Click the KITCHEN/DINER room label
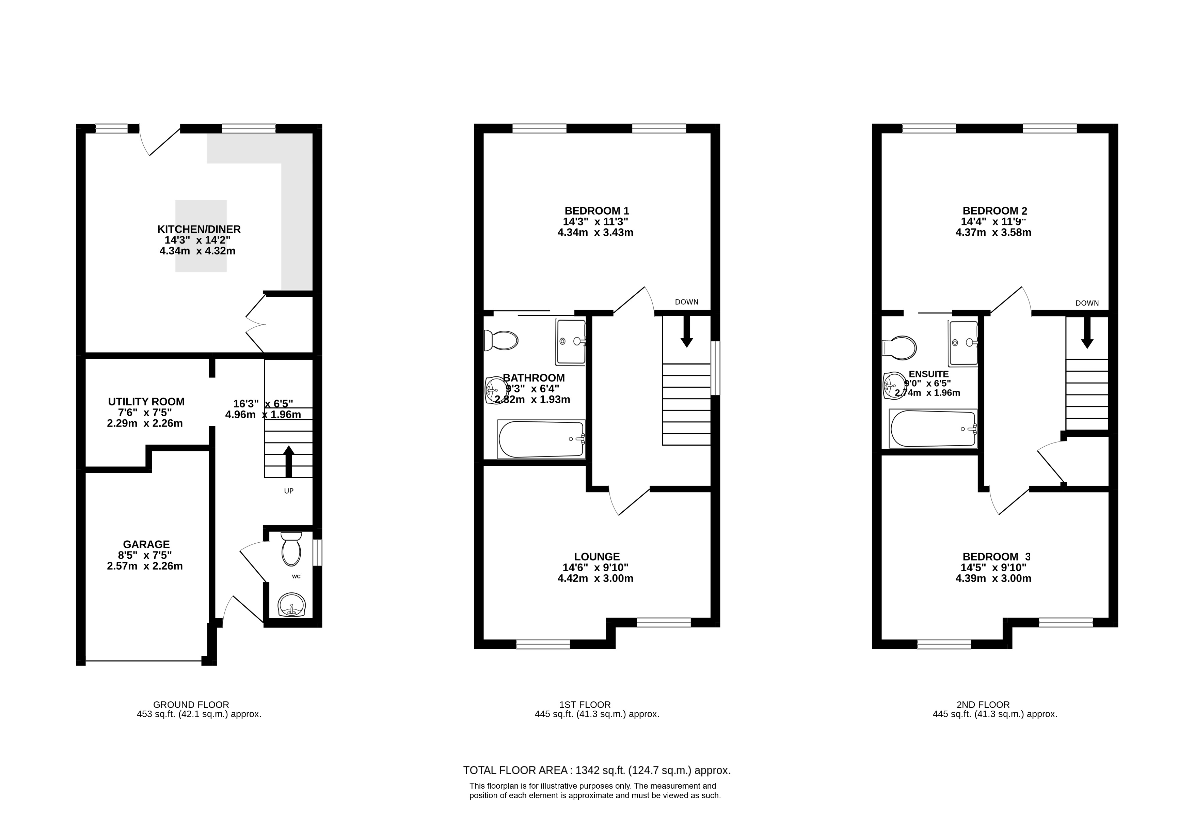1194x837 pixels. (199, 229)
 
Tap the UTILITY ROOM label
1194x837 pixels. (146, 402)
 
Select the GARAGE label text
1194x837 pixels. (146, 545)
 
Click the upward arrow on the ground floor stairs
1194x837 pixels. (289, 461)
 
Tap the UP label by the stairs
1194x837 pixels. (289, 491)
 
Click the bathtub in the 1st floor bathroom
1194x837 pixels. (541, 439)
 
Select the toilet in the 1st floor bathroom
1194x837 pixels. (501, 341)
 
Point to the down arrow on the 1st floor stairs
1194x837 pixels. (686, 331)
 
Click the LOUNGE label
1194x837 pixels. (597, 557)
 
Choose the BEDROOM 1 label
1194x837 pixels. (597, 211)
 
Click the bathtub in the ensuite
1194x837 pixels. (934, 429)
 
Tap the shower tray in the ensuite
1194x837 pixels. (963, 343)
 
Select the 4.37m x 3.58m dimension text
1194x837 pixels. (993, 233)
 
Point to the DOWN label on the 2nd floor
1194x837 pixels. (1087, 303)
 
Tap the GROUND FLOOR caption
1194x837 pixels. (191, 705)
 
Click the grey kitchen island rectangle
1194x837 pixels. (201, 236)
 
